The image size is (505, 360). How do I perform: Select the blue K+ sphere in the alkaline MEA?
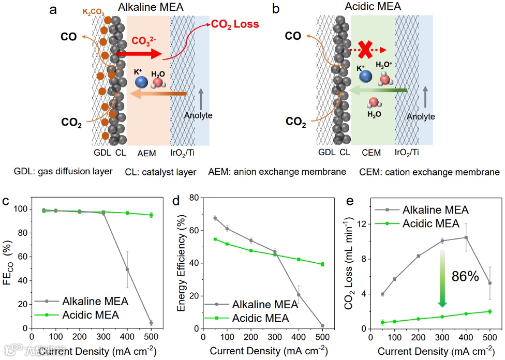pos(141,82)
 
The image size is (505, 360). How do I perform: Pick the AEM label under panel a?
pos(148,153)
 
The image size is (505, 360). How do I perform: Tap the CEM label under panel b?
pos(372,153)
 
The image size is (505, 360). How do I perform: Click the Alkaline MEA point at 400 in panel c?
pos(127,269)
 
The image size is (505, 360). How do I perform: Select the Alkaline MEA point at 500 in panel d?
pos(322,326)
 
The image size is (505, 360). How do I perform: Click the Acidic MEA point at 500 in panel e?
pos(489,311)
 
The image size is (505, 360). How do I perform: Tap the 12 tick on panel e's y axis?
pos(363,223)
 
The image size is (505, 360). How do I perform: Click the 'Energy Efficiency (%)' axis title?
pos(181,263)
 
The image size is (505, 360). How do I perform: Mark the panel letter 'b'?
pos(276,9)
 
